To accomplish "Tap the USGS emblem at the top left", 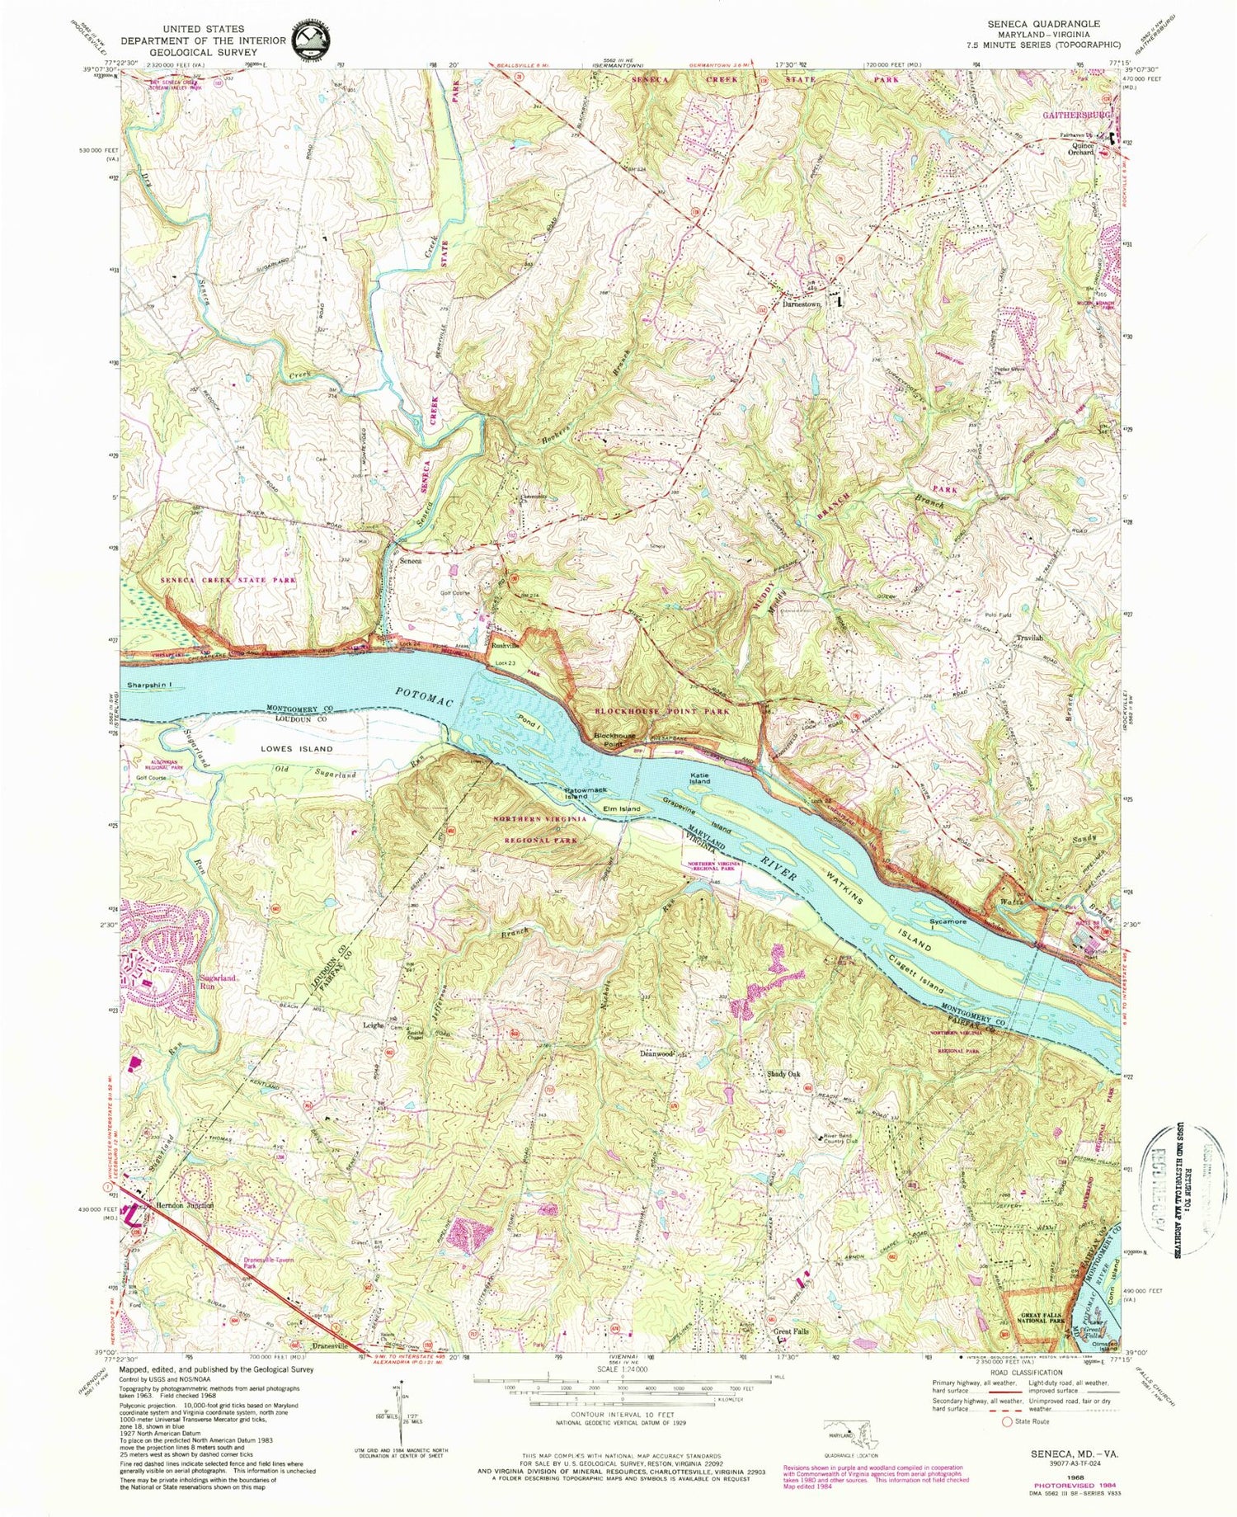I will click(310, 37).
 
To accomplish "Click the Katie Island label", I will click(699, 777).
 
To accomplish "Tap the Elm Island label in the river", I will click(622, 809).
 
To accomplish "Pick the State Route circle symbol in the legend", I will click(1006, 1422).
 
